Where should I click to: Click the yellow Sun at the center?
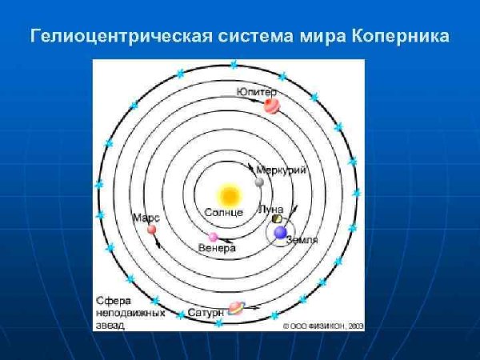click(229, 194)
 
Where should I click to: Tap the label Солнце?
click(223, 213)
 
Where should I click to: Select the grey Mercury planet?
click(259, 182)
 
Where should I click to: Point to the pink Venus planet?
click(213, 237)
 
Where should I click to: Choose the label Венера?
click(217, 249)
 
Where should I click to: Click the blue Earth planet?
click(280, 232)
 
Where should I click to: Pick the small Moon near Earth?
click(277, 218)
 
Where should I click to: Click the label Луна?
click(270, 209)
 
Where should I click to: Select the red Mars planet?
click(151, 230)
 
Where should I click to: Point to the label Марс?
click(146, 218)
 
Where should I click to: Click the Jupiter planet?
click(272, 106)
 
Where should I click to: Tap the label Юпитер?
click(256, 92)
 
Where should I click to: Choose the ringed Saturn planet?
click(236, 308)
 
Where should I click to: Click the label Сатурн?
click(205, 313)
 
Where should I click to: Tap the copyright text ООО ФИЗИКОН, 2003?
click(323, 326)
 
